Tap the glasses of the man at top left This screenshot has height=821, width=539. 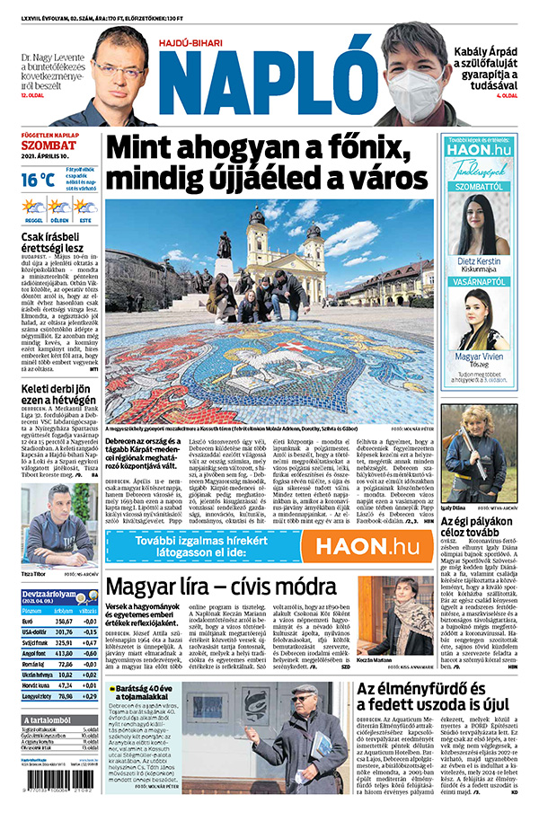pos(119,68)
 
